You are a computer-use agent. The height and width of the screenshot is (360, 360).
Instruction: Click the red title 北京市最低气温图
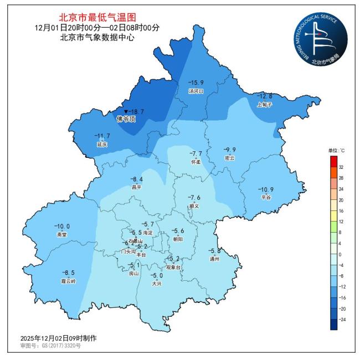pyautogui.click(x=97, y=18)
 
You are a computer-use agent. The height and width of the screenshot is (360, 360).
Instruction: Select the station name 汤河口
pyautogui.click(x=196, y=91)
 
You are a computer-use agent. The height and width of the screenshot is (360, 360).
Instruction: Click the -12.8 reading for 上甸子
pyautogui.click(x=265, y=96)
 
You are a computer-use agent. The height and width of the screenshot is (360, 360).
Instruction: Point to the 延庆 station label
pyautogui.click(x=102, y=144)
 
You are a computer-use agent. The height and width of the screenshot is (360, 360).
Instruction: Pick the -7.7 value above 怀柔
pyautogui.click(x=196, y=153)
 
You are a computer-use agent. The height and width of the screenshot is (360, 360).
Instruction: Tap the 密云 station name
pyautogui.click(x=229, y=158)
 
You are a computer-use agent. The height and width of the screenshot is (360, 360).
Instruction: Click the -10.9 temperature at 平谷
pyautogui.click(x=267, y=189)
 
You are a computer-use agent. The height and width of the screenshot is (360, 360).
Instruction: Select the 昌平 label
pyautogui.click(x=136, y=187)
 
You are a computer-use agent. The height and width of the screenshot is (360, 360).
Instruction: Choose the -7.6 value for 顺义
pyautogui.click(x=194, y=198)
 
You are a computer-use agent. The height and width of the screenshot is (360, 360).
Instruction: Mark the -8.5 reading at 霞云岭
pyautogui.click(x=68, y=272)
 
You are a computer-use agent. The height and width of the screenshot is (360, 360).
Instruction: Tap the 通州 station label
pyautogui.click(x=215, y=259)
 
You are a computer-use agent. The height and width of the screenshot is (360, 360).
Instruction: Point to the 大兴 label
pyautogui.click(x=157, y=284)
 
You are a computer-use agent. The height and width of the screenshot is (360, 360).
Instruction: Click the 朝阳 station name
pyautogui.click(x=178, y=239)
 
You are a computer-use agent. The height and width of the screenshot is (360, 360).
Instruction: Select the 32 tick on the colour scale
pyautogui.click(x=341, y=167)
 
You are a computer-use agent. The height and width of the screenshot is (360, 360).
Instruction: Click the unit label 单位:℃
pyautogui.click(x=336, y=151)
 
